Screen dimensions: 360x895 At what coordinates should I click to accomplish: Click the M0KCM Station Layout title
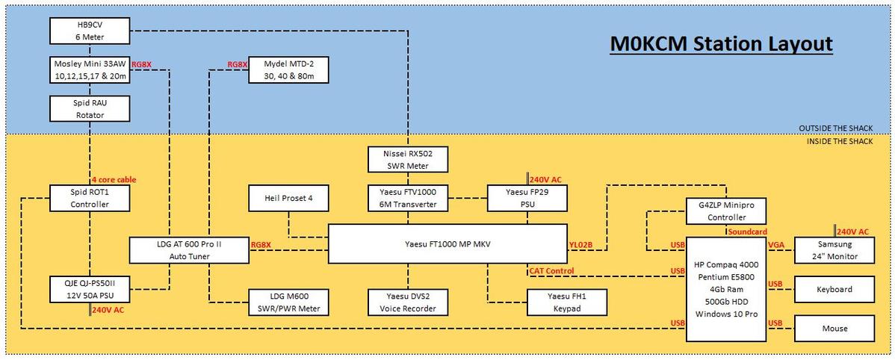(x=721, y=43)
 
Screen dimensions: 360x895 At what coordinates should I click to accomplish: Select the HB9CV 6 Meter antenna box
(x=90, y=31)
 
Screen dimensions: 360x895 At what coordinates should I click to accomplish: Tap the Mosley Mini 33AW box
(x=90, y=70)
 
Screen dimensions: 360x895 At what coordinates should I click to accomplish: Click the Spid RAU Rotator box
(x=90, y=109)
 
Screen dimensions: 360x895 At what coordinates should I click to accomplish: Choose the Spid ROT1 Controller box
(x=90, y=198)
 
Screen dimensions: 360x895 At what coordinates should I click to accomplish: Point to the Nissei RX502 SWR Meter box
(x=408, y=158)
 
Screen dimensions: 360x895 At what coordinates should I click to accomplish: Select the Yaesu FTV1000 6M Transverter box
(x=408, y=198)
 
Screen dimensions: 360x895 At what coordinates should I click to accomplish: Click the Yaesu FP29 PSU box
(x=527, y=198)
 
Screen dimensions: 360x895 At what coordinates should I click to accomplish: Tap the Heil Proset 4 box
(x=288, y=198)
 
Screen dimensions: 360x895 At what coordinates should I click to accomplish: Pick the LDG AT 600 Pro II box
(x=189, y=250)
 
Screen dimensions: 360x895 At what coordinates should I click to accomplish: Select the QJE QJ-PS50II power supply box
(x=90, y=289)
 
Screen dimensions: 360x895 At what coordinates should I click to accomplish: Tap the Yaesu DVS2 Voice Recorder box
(x=408, y=301)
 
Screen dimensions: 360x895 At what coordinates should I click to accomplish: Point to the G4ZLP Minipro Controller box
(x=726, y=211)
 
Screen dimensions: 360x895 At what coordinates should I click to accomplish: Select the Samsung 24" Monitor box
(x=834, y=250)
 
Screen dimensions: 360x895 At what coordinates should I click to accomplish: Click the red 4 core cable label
(x=114, y=180)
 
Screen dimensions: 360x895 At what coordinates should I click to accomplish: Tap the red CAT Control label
(x=554, y=270)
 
